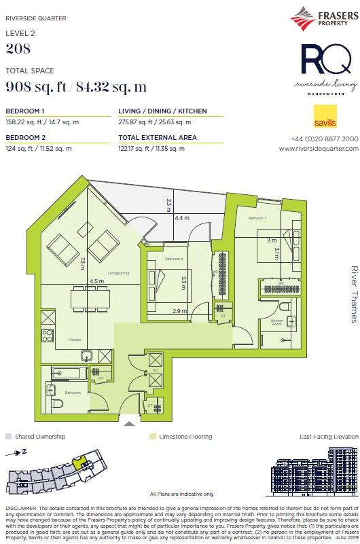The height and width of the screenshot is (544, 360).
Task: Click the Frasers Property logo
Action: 323,18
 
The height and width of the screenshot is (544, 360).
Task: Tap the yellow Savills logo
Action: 324,117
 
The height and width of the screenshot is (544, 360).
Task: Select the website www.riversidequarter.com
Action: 319,148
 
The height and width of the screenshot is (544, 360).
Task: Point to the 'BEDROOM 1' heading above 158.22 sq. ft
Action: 25,111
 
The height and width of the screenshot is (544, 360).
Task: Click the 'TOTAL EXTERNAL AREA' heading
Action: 158,138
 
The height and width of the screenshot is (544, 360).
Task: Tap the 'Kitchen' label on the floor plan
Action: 74,339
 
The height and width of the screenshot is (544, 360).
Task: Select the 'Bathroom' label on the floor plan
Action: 73,393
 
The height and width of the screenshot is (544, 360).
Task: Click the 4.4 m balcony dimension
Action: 181,218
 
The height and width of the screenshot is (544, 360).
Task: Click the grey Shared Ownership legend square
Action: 9,437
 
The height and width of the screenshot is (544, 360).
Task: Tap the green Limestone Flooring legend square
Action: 153,437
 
